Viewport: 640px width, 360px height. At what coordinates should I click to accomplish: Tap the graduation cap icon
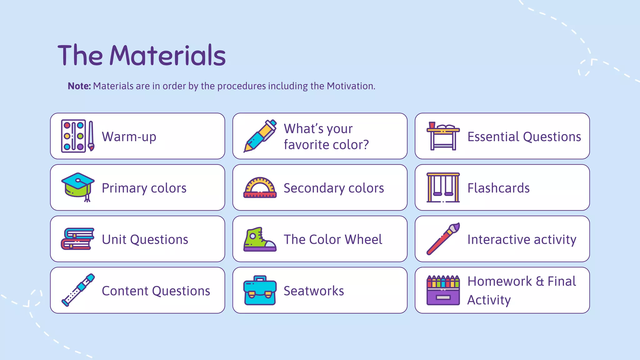pyautogui.click(x=78, y=187)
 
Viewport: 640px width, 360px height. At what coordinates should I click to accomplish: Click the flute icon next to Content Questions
pyautogui.click(x=78, y=290)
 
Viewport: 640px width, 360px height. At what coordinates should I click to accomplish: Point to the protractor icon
pyautogui.click(x=260, y=187)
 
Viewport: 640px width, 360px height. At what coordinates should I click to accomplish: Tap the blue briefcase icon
pyautogui.click(x=260, y=290)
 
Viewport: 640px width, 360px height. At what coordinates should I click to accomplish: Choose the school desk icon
pyautogui.click(x=443, y=136)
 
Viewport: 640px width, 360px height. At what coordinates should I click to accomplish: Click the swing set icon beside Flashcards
pyautogui.click(x=443, y=187)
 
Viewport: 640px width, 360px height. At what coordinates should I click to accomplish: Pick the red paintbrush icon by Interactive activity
pyautogui.click(x=443, y=239)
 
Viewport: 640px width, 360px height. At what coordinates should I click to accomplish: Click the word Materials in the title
pyautogui.click(x=167, y=55)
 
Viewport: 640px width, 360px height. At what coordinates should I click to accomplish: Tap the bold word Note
pyautogui.click(x=79, y=86)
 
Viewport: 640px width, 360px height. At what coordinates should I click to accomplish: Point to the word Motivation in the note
pyautogui.click(x=351, y=86)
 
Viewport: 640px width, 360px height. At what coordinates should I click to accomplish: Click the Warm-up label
pyautogui.click(x=129, y=137)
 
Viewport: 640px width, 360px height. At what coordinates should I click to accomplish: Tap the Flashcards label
pyautogui.click(x=498, y=188)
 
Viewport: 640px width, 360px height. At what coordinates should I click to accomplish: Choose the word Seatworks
pyautogui.click(x=314, y=291)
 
